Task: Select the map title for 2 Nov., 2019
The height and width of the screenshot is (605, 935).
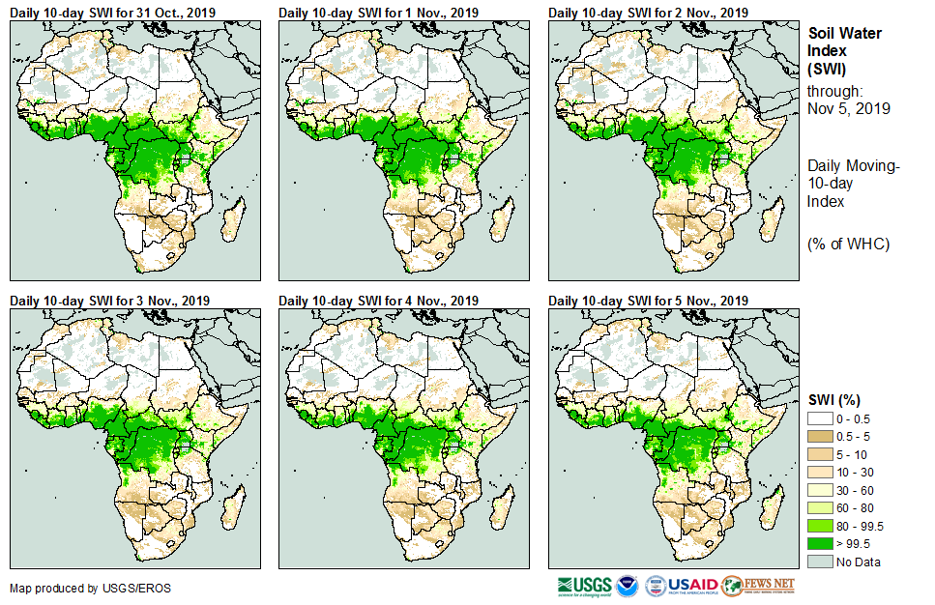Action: click(x=648, y=13)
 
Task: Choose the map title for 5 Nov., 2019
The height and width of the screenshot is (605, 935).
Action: click(x=648, y=301)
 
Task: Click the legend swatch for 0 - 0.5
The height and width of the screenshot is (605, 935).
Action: click(x=820, y=418)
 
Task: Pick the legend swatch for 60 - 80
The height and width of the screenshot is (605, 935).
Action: click(x=820, y=507)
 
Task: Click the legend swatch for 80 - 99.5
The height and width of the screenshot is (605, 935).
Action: click(x=820, y=526)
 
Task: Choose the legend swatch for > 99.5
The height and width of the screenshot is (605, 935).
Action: click(x=820, y=543)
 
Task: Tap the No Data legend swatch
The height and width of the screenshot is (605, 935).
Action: click(x=820, y=562)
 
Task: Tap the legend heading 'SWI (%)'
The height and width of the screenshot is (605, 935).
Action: click(x=834, y=399)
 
